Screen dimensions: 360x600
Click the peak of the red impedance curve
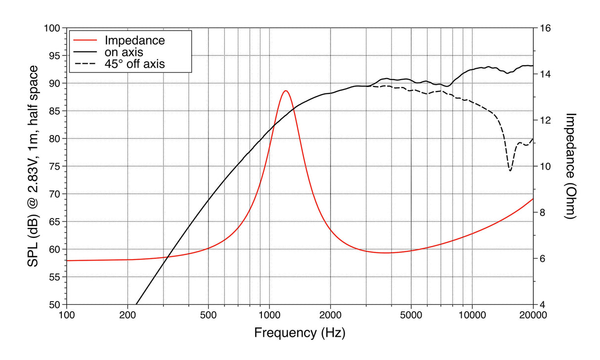tap(285, 91)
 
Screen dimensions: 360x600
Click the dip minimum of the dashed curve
tap(510, 171)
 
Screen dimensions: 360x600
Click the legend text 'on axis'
tap(124, 52)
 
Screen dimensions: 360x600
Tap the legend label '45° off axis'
tap(134, 64)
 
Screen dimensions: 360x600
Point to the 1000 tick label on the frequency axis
tap(269, 315)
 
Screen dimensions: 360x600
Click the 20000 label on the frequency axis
tap(533, 315)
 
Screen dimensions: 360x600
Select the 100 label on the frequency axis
tap(67, 315)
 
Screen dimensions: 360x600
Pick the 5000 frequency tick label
tap(411, 315)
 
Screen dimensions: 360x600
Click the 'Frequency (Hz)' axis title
tap(300, 333)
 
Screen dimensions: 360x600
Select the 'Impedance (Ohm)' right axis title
tap(571, 166)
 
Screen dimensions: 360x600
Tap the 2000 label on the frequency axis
tap(330, 315)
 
